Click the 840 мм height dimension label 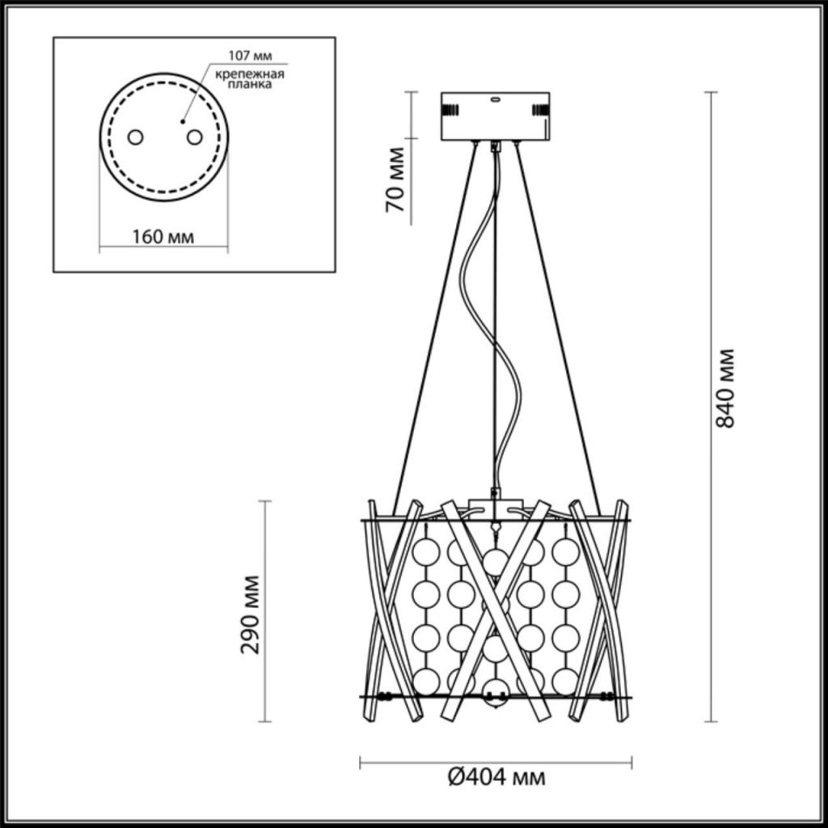point(724,387)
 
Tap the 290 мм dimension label point(250,615)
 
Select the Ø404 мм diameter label point(496,776)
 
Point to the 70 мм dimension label point(395,180)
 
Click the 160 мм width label point(163,237)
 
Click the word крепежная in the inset point(250,74)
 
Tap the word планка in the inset point(251,84)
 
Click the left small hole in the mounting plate point(135,137)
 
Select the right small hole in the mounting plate point(194,137)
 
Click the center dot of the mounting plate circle point(182,122)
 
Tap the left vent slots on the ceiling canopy point(450,110)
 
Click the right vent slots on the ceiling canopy point(541,110)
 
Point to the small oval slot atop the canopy point(496,98)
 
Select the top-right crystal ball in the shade point(565,552)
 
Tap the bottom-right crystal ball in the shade point(565,681)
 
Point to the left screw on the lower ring point(386,697)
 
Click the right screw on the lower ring point(607,697)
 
